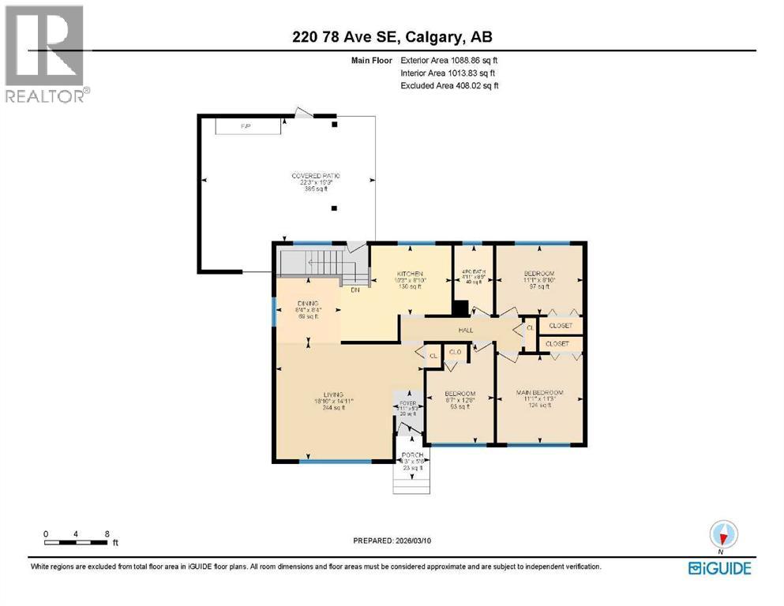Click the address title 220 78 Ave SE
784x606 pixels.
point(392,36)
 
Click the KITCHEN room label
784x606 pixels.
point(411,275)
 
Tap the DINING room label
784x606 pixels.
point(306,304)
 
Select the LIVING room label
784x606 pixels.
point(332,395)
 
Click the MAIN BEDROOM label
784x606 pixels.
point(540,392)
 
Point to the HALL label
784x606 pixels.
point(465,331)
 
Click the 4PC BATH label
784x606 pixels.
point(473,275)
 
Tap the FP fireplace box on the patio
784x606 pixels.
point(247,126)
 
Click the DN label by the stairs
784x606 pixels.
point(355,289)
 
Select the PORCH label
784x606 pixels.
point(412,455)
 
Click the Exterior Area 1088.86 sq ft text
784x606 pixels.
point(449,60)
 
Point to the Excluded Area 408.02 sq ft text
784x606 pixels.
point(449,85)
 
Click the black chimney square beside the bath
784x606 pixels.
point(463,309)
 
